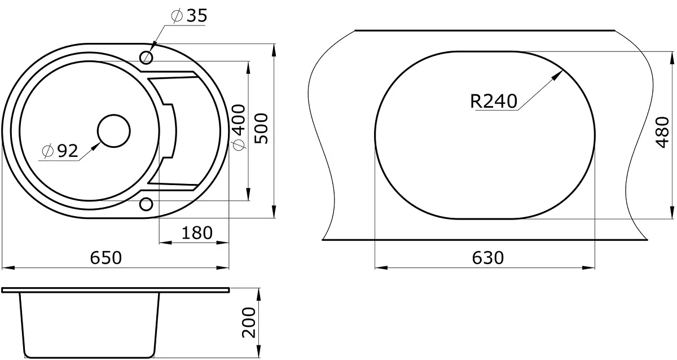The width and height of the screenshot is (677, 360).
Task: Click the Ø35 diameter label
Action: (x=189, y=16)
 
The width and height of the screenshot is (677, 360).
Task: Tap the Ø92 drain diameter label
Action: (x=60, y=151)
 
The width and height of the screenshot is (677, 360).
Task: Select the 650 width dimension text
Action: (x=106, y=258)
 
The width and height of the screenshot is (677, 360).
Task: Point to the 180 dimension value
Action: (x=197, y=232)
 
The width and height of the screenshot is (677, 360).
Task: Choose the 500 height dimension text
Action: (x=261, y=129)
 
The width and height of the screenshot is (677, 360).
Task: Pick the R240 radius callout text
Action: (x=494, y=101)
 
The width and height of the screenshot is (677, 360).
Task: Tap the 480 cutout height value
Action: (x=663, y=133)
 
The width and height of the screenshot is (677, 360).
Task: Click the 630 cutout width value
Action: (x=488, y=258)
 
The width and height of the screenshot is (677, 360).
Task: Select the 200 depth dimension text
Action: (x=249, y=323)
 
